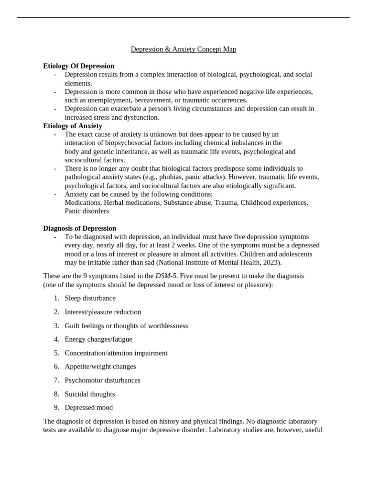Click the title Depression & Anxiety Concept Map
183,49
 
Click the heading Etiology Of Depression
79,66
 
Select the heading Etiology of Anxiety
73,126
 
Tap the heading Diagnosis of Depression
80,228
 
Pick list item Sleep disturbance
90,298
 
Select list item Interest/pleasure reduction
103,312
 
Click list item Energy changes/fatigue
98,339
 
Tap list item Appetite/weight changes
100,367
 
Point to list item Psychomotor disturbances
103,380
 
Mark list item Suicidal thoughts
90,394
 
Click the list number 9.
56,408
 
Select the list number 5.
56,353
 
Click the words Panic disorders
86,211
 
